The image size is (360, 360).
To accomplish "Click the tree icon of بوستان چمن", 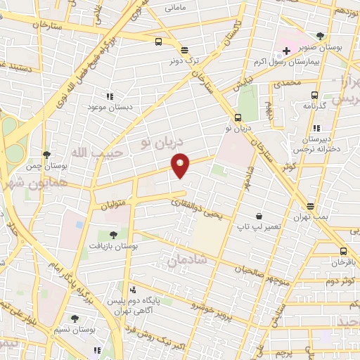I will [x=47, y=155].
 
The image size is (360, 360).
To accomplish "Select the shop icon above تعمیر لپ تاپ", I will [x=259, y=216].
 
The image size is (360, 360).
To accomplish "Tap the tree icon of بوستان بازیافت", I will [x=114, y=235].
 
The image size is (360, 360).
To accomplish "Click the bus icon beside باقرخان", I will [x=343, y=252].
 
